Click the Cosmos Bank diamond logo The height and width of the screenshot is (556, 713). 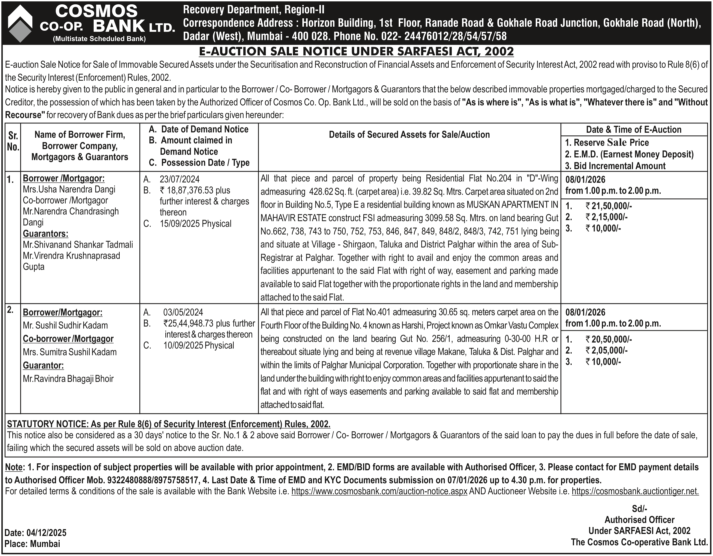pos(20,23)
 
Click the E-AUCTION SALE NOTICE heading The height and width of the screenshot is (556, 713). pos(356,51)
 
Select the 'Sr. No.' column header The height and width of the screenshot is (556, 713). pos(13,141)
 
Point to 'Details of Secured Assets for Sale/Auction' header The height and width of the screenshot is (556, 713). pos(409,135)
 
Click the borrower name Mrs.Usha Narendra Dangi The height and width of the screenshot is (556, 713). pos(69,189)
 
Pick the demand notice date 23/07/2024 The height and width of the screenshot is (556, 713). pos(179,179)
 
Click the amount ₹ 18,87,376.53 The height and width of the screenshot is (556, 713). pos(195,190)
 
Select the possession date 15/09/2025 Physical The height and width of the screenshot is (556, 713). pos(195,223)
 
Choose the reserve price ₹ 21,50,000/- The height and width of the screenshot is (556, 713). pos(608,206)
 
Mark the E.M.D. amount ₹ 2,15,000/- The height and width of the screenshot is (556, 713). pos(606,217)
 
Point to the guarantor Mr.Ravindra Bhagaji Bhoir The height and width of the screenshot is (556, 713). pos(68,379)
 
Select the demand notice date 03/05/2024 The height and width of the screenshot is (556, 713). pos(183,313)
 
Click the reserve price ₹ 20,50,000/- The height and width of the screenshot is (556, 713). pos(608,340)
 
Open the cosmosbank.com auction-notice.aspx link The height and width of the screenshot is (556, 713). pos(379,491)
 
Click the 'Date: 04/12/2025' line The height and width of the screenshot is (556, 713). pos(36,532)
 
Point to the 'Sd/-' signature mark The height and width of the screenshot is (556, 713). pos(639,509)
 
